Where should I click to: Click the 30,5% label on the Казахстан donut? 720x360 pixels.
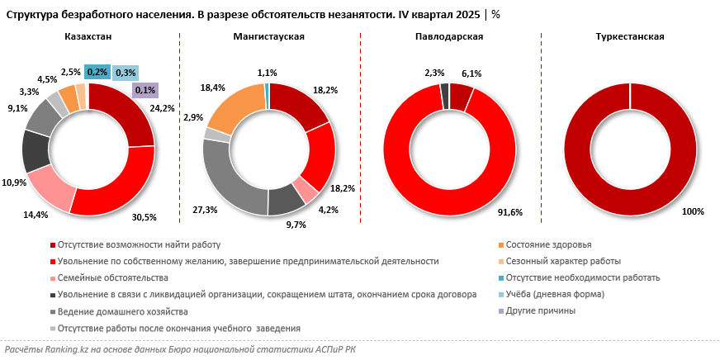coord(144,217)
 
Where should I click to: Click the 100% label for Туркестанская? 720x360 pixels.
coord(693,211)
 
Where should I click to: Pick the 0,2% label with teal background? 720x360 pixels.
coord(97,72)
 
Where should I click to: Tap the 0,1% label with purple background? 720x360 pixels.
coord(144,90)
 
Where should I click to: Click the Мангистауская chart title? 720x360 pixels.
coord(269,37)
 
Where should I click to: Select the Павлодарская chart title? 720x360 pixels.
coord(450,37)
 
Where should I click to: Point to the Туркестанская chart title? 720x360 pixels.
coord(630,37)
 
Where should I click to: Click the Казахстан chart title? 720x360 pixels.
coord(88,37)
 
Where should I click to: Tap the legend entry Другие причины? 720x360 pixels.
coord(540,310)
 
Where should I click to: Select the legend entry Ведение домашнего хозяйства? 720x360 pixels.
coord(123,311)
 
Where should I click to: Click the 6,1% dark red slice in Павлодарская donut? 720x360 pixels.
coord(461,96)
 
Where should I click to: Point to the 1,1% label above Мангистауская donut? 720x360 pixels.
coord(268,73)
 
